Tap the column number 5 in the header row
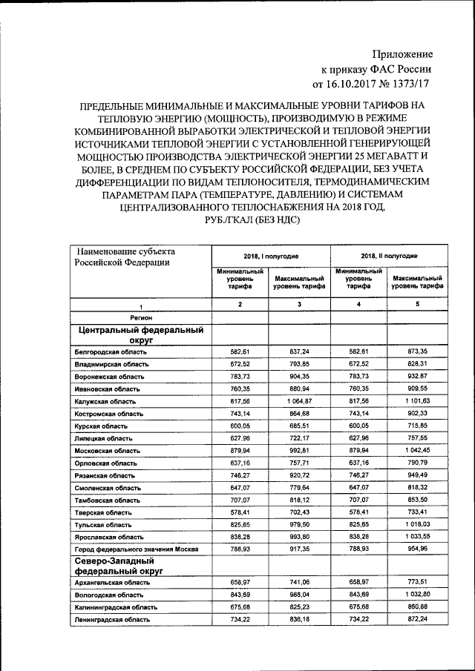coord(417,305)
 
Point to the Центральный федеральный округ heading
coord(139,334)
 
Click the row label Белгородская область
coord(111,351)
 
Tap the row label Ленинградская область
coord(112,619)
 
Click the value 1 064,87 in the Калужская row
coord(299,400)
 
